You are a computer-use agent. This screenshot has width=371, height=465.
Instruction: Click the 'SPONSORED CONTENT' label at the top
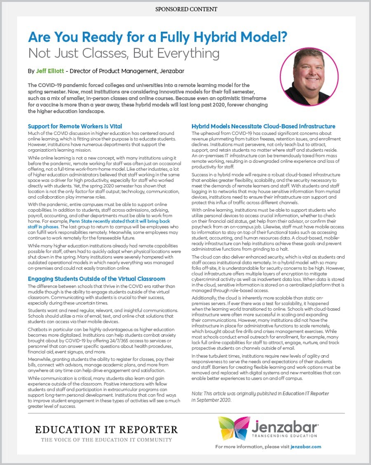186,9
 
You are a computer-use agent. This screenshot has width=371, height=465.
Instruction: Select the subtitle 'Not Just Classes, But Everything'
124,54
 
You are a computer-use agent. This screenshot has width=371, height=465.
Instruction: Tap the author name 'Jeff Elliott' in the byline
49,71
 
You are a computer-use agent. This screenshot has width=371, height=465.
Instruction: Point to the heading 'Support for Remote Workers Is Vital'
75,126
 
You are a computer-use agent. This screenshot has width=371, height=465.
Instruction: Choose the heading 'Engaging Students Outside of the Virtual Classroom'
96,279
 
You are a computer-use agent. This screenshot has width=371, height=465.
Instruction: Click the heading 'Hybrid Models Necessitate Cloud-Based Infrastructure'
263,126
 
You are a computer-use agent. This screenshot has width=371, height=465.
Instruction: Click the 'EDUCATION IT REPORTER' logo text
106,430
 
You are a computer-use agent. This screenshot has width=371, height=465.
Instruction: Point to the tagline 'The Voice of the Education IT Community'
106,440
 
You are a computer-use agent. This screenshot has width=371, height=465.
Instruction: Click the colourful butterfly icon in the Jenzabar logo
232,429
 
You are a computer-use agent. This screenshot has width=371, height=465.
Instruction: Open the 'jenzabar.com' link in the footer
305,446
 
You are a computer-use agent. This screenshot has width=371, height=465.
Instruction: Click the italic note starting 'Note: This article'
260,397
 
